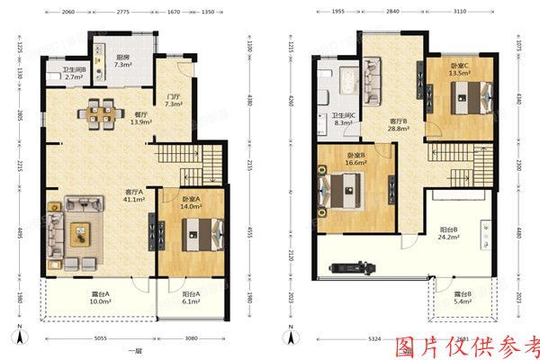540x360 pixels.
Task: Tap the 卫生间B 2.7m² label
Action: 73,76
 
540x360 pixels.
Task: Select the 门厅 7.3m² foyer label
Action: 174,101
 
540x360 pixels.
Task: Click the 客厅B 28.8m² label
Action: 400,125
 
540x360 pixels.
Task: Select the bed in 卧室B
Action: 343,191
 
